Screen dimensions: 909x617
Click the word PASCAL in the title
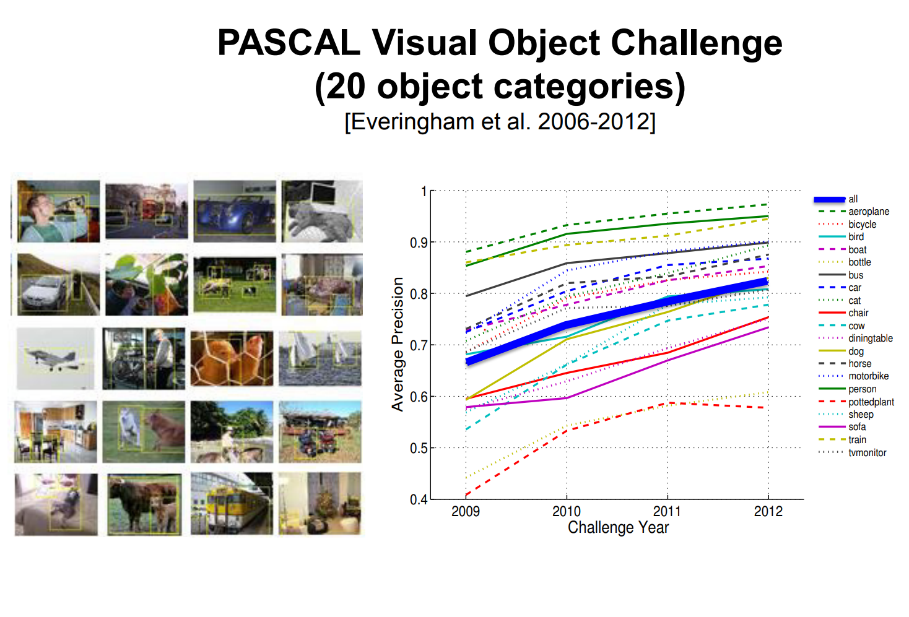(289, 43)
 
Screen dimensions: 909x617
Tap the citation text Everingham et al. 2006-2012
(500, 121)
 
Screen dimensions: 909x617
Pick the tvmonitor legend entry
(852, 452)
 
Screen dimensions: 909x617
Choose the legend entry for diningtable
(855, 339)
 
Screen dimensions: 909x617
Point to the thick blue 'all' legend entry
(836, 199)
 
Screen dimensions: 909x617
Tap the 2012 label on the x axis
(768, 511)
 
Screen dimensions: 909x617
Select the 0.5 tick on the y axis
(419, 448)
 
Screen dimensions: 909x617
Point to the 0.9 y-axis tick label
(419, 243)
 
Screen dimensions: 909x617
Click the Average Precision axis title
(398, 344)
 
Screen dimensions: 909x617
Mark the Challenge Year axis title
(617, 527)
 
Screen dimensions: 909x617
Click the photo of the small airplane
(56, 358)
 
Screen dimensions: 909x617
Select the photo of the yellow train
(232, 503)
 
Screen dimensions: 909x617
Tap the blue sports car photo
(235, 212)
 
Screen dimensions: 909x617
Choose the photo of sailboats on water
(320, 358)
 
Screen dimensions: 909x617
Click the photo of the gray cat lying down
(322, 212)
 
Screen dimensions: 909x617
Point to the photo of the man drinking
(58, 212)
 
